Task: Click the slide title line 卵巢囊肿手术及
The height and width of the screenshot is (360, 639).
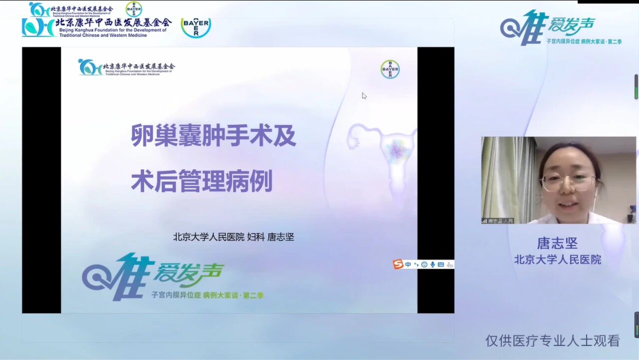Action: coord(214,135)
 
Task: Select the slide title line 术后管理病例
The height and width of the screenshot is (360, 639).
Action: coord(202,182)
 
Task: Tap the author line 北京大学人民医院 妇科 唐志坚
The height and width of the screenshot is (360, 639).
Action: coord(234,237)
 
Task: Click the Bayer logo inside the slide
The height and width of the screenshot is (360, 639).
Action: coord(390,69)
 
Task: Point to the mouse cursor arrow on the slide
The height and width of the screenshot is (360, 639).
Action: coord(364,95)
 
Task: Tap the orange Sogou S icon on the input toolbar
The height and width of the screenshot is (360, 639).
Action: coord(398,265)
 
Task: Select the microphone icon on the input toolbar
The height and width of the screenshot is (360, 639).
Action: coord(432,265)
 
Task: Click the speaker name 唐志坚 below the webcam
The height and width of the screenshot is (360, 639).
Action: coord(557,243)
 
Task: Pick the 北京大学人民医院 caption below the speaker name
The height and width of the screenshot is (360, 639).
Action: coord(558,260)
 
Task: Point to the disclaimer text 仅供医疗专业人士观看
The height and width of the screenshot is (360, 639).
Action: coord(553,341)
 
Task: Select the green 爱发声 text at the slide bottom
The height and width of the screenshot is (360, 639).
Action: coord(188,273)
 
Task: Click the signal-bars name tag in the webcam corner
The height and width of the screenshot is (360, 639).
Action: coord(498,220)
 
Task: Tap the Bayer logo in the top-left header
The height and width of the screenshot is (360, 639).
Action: coord(196,27)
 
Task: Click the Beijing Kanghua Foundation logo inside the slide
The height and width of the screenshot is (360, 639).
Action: coord(126,67)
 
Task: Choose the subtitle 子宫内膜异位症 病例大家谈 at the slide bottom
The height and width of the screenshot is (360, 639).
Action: coord(207,296)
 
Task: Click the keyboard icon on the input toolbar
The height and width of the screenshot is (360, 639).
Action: coord(441,265)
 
